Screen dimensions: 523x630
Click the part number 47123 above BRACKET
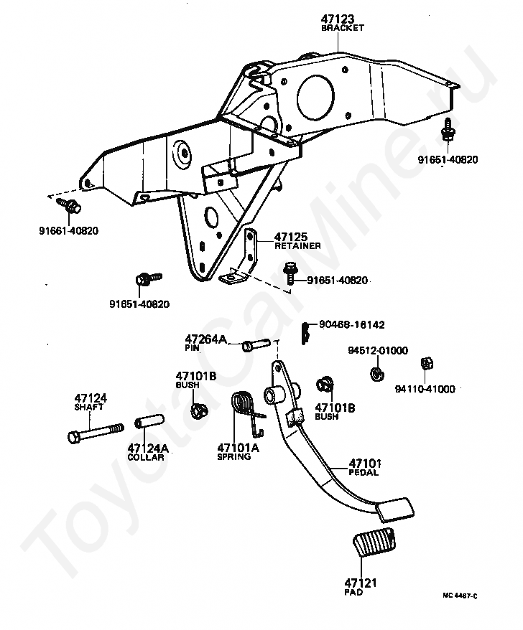pos(338,19)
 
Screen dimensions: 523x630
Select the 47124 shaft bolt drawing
pos(95,432)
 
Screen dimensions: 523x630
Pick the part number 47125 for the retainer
pos(290,237)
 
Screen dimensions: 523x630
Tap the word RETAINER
pos(297,246)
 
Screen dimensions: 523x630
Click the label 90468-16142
pos(351,324)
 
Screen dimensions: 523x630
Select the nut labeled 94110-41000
pos(426,363)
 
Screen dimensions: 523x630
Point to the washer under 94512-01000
pos(376,374)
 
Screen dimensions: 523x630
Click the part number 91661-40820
pos(68,231)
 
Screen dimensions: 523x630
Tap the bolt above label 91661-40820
pos(69,206)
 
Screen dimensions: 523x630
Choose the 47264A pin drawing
pos(256,344)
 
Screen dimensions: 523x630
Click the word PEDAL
pos(364,472)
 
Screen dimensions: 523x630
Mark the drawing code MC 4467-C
pos(460,596)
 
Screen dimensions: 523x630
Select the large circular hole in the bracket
pos(315,97)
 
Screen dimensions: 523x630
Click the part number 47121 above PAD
pos(361,583)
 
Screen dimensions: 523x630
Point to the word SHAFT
pos(89,407)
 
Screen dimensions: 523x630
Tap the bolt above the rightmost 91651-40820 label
pos(448,129)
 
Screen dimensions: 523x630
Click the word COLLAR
pos(146,457)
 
